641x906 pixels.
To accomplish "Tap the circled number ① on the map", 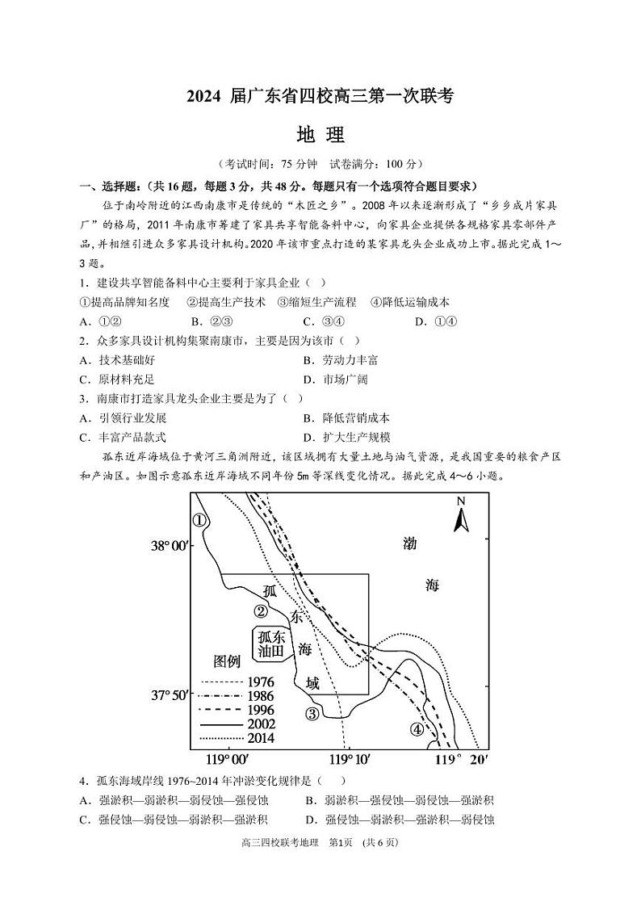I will click(199, 520).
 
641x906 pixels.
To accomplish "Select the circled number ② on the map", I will click(261, 611).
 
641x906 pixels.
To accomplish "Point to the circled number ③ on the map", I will click(312, 713).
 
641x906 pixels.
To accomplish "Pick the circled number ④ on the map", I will click(417, 729).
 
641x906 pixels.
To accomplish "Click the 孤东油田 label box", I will click(271, 644).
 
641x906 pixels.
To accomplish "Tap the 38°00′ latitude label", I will click(170, 547).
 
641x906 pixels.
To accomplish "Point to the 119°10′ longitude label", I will click(350, 760).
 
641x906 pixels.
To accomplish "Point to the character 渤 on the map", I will click(411, 543).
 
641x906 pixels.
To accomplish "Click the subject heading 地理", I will click(320, 134).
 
